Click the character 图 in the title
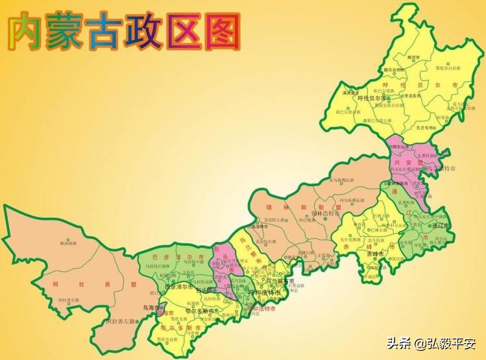tap(219, 32)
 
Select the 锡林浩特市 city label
tap(325, 212)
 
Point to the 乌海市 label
tap(150, 307)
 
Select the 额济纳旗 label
tap(67, 243)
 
